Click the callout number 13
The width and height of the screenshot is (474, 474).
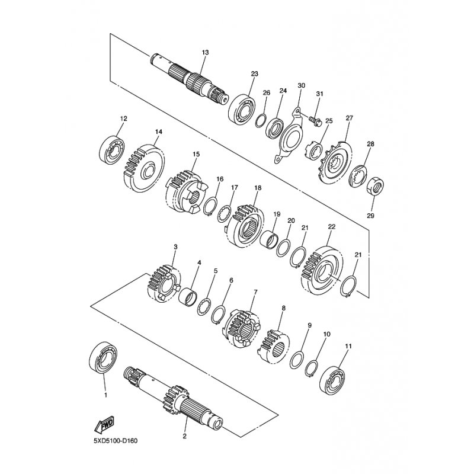(x=205, y=53)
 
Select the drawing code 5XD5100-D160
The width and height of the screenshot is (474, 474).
(x=116, y=441)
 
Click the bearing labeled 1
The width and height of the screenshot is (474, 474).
(x=103, y=358)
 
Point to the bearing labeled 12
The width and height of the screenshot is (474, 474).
(x=112, y=151)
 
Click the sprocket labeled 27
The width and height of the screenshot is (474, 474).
(x=335, y=162)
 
